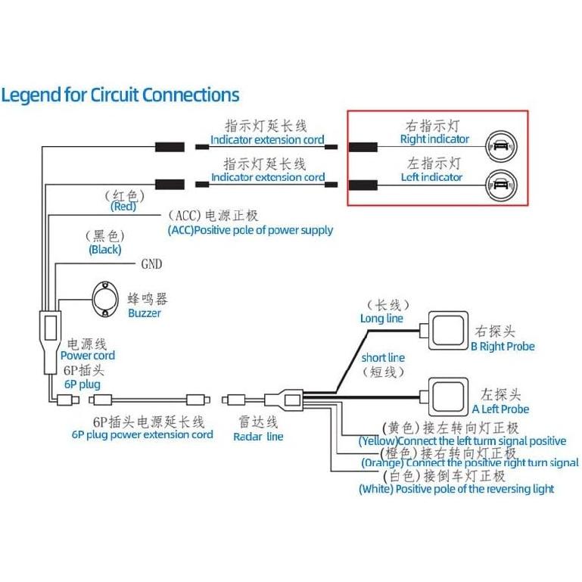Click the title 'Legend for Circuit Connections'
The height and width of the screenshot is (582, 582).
120,95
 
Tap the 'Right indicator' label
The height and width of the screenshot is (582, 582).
434,139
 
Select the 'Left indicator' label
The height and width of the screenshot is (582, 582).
431,177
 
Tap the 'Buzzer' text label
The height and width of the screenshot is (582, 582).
144,313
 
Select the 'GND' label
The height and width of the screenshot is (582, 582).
151,265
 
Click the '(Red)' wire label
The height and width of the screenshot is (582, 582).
123,207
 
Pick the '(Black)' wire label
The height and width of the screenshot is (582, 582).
104,249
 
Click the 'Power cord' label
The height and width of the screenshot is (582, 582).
88,356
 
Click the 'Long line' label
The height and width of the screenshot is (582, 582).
381,319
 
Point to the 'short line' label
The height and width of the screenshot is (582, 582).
383,357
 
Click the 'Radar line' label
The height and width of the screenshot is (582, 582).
258,436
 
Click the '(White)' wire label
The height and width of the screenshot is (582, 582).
375,489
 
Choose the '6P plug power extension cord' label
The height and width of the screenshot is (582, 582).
142,434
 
